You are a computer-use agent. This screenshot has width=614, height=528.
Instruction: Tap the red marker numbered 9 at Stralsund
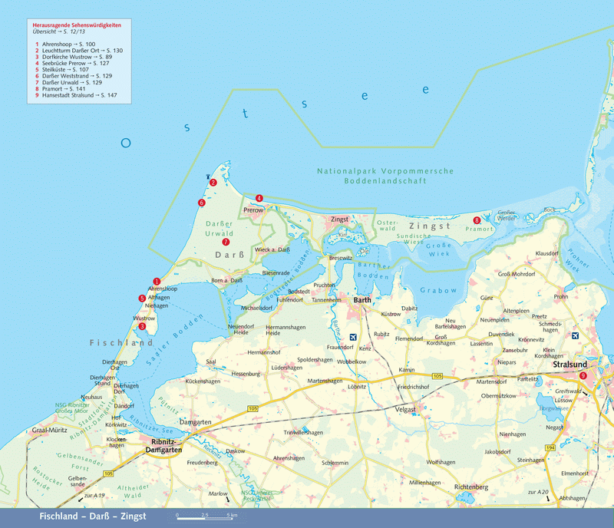point(583,375)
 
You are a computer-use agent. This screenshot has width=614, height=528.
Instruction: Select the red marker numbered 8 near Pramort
point(477,220)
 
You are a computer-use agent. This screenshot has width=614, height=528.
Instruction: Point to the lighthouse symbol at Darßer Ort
point(208,177)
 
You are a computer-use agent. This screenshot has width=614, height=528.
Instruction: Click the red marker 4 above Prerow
point(259,198)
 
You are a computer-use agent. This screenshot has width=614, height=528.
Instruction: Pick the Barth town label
point(361,301)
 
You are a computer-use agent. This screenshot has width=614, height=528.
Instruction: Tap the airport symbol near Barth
point(353,337)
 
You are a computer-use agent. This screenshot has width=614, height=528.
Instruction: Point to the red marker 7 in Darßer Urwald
point(226,242)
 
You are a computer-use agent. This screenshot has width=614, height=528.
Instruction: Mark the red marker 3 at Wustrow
point(142,325)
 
